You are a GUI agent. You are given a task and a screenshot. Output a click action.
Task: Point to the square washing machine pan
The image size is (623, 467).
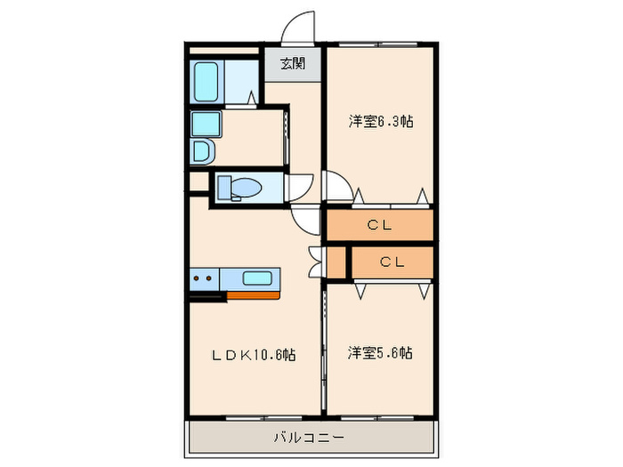coord(206,124)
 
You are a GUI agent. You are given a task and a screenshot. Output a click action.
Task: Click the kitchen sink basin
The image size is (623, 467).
coord(258,277)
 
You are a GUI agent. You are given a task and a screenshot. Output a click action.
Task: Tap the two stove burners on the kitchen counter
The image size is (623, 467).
coord(203,278)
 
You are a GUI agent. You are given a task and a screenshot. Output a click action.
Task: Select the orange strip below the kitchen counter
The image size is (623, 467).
coord(253,294)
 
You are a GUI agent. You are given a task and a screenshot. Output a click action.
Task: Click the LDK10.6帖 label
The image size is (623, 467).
coord(253,354)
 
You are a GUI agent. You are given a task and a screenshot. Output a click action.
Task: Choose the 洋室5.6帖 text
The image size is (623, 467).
coord(379,353)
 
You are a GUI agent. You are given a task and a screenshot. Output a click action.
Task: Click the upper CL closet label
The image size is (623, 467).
coord(380,225)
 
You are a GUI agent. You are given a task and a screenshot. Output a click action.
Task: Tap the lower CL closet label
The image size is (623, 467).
coord(392,262)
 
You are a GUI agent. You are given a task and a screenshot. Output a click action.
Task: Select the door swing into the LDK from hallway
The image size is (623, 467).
coord(304,219)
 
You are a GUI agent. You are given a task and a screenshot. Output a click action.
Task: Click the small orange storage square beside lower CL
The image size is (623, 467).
coord(336,262)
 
